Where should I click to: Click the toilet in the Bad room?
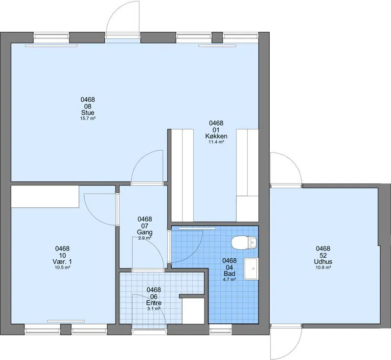244,243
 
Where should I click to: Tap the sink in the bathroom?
251,269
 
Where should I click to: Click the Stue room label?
88,112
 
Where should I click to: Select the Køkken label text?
216,136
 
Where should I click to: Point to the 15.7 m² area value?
88,118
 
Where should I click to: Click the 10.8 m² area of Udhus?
323,268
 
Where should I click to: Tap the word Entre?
154,303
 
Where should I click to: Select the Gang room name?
145,232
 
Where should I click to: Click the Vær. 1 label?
62,262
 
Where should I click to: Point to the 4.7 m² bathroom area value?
230,279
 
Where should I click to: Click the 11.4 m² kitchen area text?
216,142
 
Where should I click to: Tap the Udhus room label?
323,262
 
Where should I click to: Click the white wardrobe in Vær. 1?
45,196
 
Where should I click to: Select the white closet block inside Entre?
193,311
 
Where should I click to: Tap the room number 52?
323,255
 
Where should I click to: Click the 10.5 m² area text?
62,268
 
